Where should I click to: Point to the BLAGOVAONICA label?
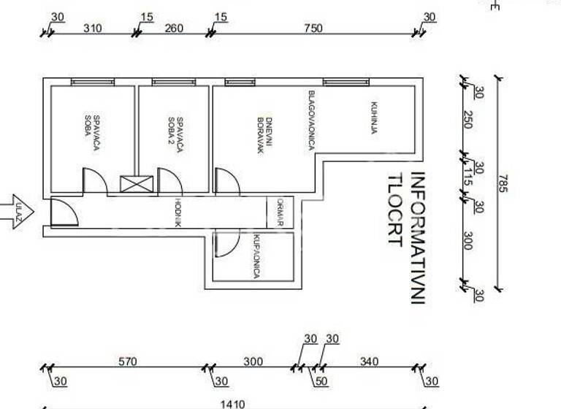point(311,121)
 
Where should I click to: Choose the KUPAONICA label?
point(256,256)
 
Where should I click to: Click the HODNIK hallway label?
point(177,213)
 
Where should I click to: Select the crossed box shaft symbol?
point(137,183)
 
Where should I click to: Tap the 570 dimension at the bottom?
point(127,362)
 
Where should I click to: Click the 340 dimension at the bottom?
point(370,362)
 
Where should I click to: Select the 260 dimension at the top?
point(174,28)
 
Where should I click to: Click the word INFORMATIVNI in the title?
point(418,237)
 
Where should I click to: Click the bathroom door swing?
point(226,242)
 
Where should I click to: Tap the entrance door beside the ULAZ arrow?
point(64,212)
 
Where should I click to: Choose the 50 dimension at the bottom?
point(322,381)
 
